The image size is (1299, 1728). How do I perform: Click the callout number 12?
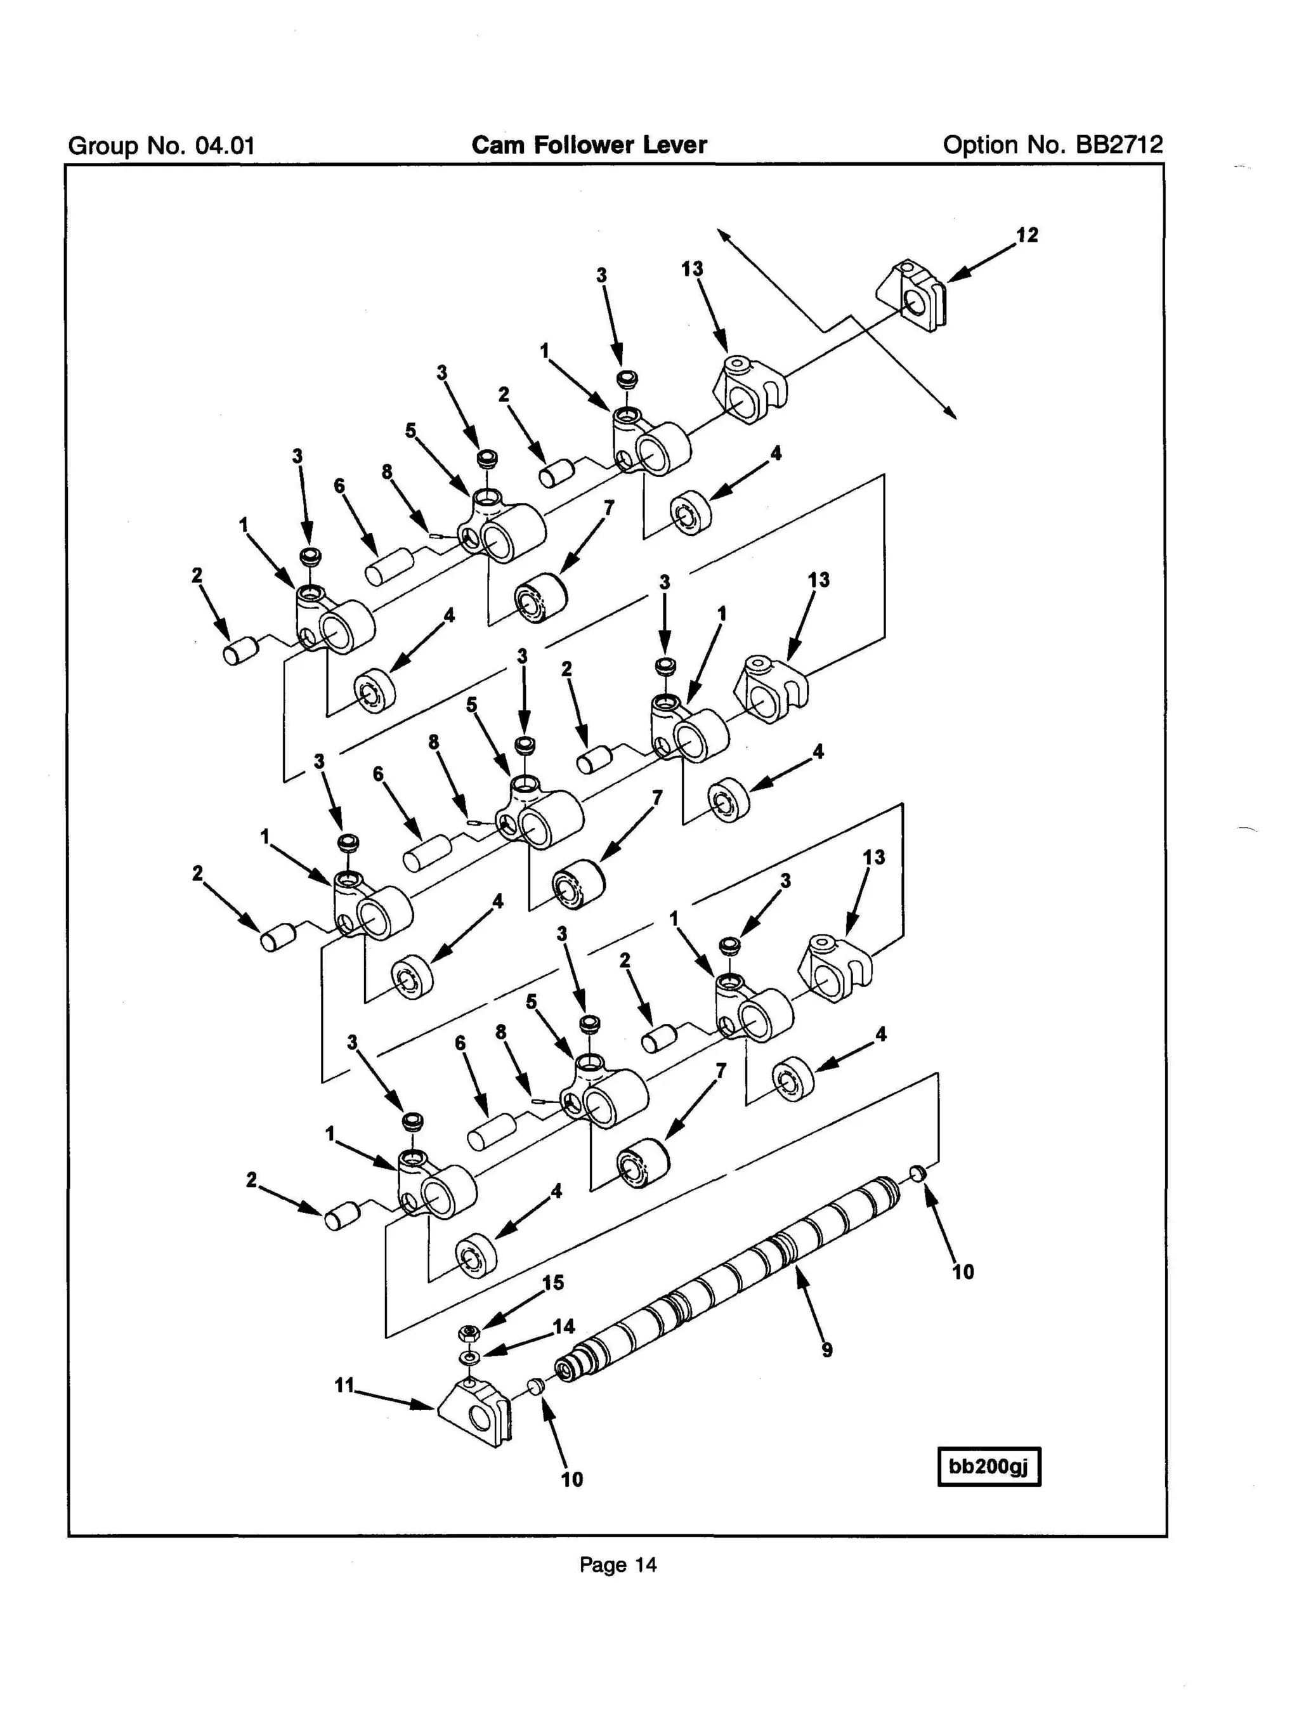point(1026,235)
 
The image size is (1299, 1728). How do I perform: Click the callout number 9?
point(826,1349)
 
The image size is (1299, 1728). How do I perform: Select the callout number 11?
point(344,1385)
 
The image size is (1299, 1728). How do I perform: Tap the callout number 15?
point(552,1283)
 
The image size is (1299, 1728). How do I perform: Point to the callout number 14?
point(563,1326)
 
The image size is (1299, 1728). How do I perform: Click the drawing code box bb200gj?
point(988,1466)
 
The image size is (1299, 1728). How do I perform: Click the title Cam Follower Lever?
point(589,145)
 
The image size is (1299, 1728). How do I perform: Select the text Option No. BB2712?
point(1052,145)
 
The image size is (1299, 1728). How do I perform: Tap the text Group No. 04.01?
point(162,146)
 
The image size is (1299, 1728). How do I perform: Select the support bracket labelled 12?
point(911,298)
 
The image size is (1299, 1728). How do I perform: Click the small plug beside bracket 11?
point(535,1387)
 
